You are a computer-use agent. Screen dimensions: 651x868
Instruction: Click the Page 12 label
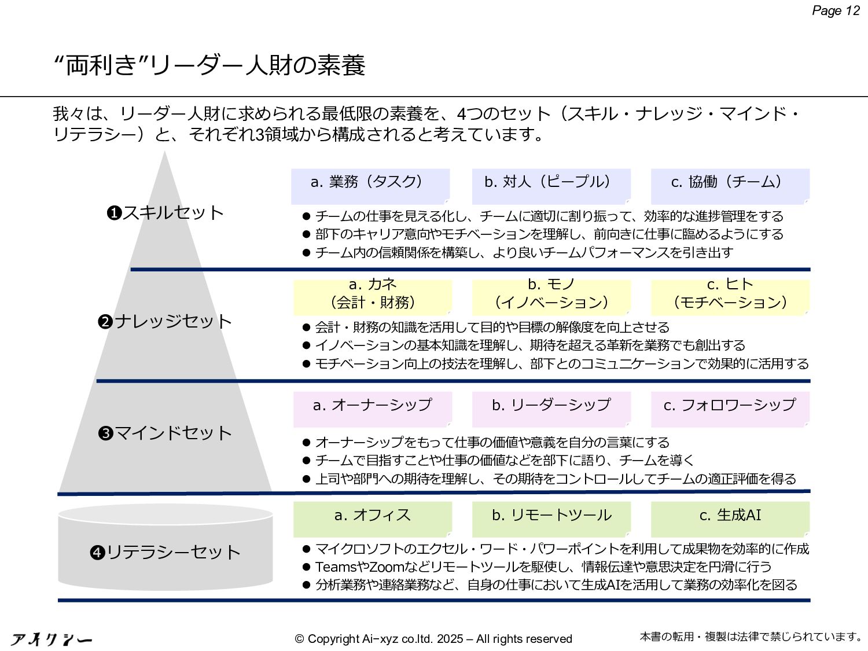(836, 11)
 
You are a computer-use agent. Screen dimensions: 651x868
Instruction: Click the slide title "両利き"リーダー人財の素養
(209, 65)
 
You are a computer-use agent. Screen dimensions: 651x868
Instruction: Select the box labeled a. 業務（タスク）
(370, 186)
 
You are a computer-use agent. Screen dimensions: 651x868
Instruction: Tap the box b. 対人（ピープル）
(551, 186)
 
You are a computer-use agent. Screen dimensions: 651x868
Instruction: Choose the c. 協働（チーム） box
(730, 186)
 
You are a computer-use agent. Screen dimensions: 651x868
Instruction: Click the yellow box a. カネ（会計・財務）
(373, 297)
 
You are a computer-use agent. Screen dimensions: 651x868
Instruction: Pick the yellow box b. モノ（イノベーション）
(551, 297)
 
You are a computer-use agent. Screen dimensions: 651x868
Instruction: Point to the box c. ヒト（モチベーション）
(730, 297)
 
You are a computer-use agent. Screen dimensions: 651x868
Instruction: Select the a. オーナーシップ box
(373, 409)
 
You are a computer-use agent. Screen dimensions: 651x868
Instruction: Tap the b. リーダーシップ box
(551, 409)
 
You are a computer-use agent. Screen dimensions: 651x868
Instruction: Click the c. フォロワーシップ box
(730, 409)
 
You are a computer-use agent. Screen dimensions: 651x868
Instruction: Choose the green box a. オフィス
(373, 518)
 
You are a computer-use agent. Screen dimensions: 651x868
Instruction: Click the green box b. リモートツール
(551, 518)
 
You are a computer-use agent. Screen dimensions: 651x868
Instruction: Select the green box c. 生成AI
(730, 518)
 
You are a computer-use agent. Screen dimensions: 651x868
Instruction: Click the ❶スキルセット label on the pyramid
(165, 213)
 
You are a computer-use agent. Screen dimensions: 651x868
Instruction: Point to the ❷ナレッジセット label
(165, 321)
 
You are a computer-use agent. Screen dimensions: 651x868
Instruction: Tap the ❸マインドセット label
(165, 433)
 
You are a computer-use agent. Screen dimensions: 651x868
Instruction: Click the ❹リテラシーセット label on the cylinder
(165, 552)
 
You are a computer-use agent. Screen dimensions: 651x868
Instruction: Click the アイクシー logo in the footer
(52, 639)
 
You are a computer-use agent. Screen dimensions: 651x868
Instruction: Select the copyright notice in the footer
(433, 639)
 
